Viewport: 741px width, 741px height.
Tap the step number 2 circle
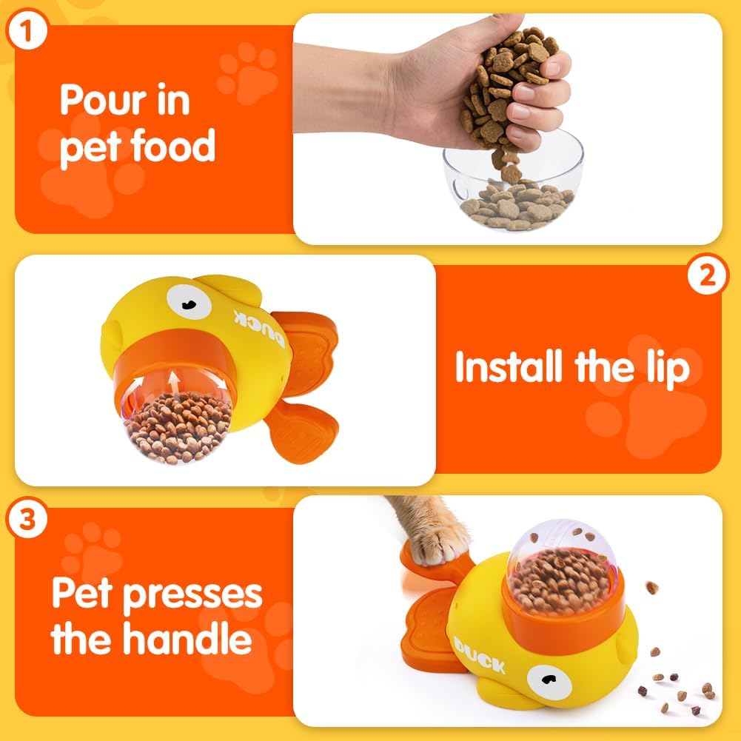pyautogui.click(x=708, y=276)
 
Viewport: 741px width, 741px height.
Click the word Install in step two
pyautogui.click(x=509, y=366)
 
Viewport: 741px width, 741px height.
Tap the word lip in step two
pyautogui.click(x=665, y=368)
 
